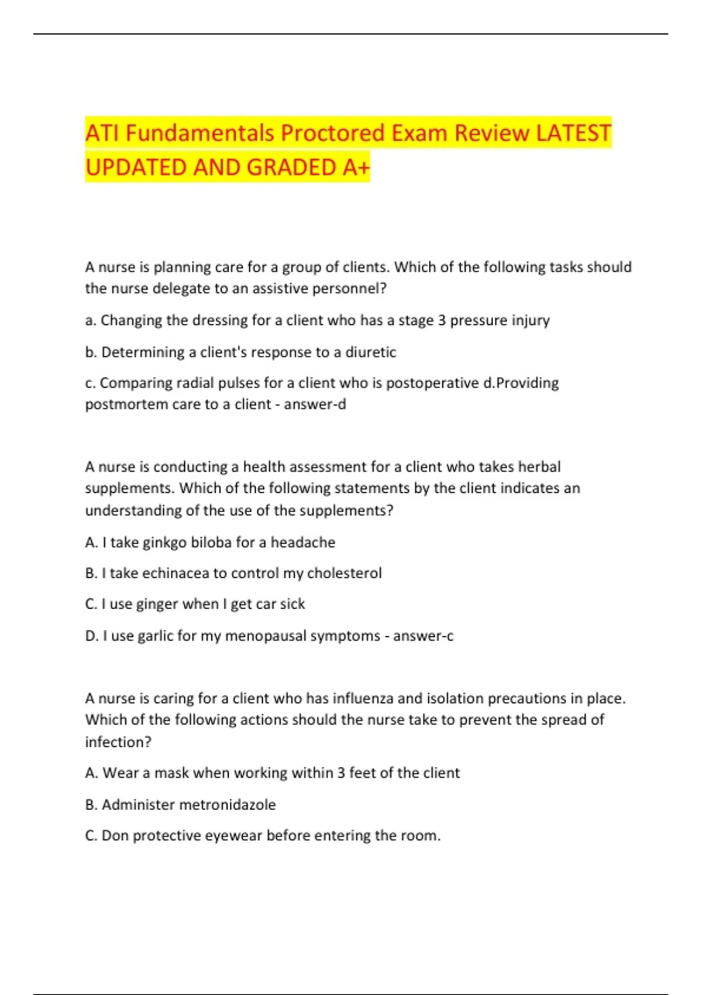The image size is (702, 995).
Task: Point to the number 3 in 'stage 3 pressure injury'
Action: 442,320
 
